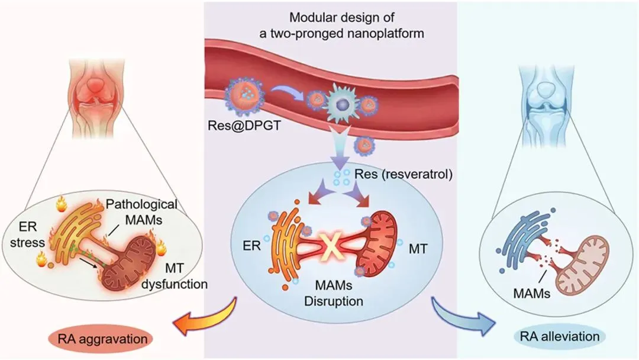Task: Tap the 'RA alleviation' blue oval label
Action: click(560, 336)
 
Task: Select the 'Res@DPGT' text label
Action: click(244, 125)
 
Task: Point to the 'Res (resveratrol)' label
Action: click(404, 174)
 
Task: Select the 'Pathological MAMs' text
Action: click(141, 211)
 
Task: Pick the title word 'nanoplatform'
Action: click(382, 33)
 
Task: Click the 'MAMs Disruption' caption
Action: click(334, 293)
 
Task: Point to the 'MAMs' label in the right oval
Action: click(532, 292)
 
